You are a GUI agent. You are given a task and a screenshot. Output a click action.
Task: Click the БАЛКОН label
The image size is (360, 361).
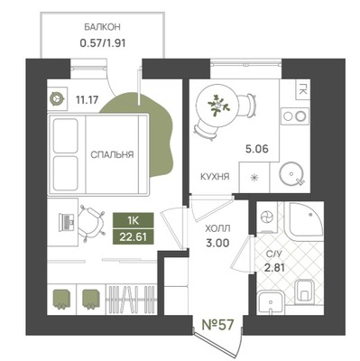[x=102, y=27]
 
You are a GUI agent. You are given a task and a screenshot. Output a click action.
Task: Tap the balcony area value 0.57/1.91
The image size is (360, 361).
[x=102, y=43]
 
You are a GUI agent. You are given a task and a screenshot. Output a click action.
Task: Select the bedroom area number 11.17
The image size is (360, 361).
[x=88, y=99]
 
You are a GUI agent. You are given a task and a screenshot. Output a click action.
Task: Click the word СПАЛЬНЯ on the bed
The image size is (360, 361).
[x=112, y=155]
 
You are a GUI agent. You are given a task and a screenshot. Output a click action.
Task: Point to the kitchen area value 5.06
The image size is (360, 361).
[x=257, y=149]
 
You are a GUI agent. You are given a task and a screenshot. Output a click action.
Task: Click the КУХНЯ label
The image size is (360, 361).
[x=215, y=177]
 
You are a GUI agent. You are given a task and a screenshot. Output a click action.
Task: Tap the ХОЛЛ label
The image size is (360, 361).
[x=217, y=229]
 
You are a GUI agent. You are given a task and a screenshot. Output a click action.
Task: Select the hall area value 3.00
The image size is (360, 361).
[x=217, y=243]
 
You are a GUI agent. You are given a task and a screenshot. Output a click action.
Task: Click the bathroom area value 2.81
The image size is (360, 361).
[x=274, y=267]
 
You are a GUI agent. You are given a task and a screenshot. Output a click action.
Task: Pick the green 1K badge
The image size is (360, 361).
[x=134, y=221]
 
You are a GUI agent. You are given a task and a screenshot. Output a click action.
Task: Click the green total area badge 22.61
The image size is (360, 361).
[x=134, y=237]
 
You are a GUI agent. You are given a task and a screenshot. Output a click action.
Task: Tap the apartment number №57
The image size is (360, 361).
[x=217, y=325]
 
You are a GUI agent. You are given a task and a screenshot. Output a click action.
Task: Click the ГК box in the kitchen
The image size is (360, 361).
[x=302, y=90]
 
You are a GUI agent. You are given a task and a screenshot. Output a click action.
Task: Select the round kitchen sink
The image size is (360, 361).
[x=291, y=174]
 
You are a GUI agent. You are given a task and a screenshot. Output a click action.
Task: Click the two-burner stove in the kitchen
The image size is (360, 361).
[x=295, y=116]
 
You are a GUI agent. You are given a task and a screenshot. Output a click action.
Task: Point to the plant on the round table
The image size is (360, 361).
[x=218, y=105]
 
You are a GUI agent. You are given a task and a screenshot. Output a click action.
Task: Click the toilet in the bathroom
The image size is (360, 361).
[x=305, y=291]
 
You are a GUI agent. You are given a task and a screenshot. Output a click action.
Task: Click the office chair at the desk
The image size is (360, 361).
[x=91, y=223]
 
